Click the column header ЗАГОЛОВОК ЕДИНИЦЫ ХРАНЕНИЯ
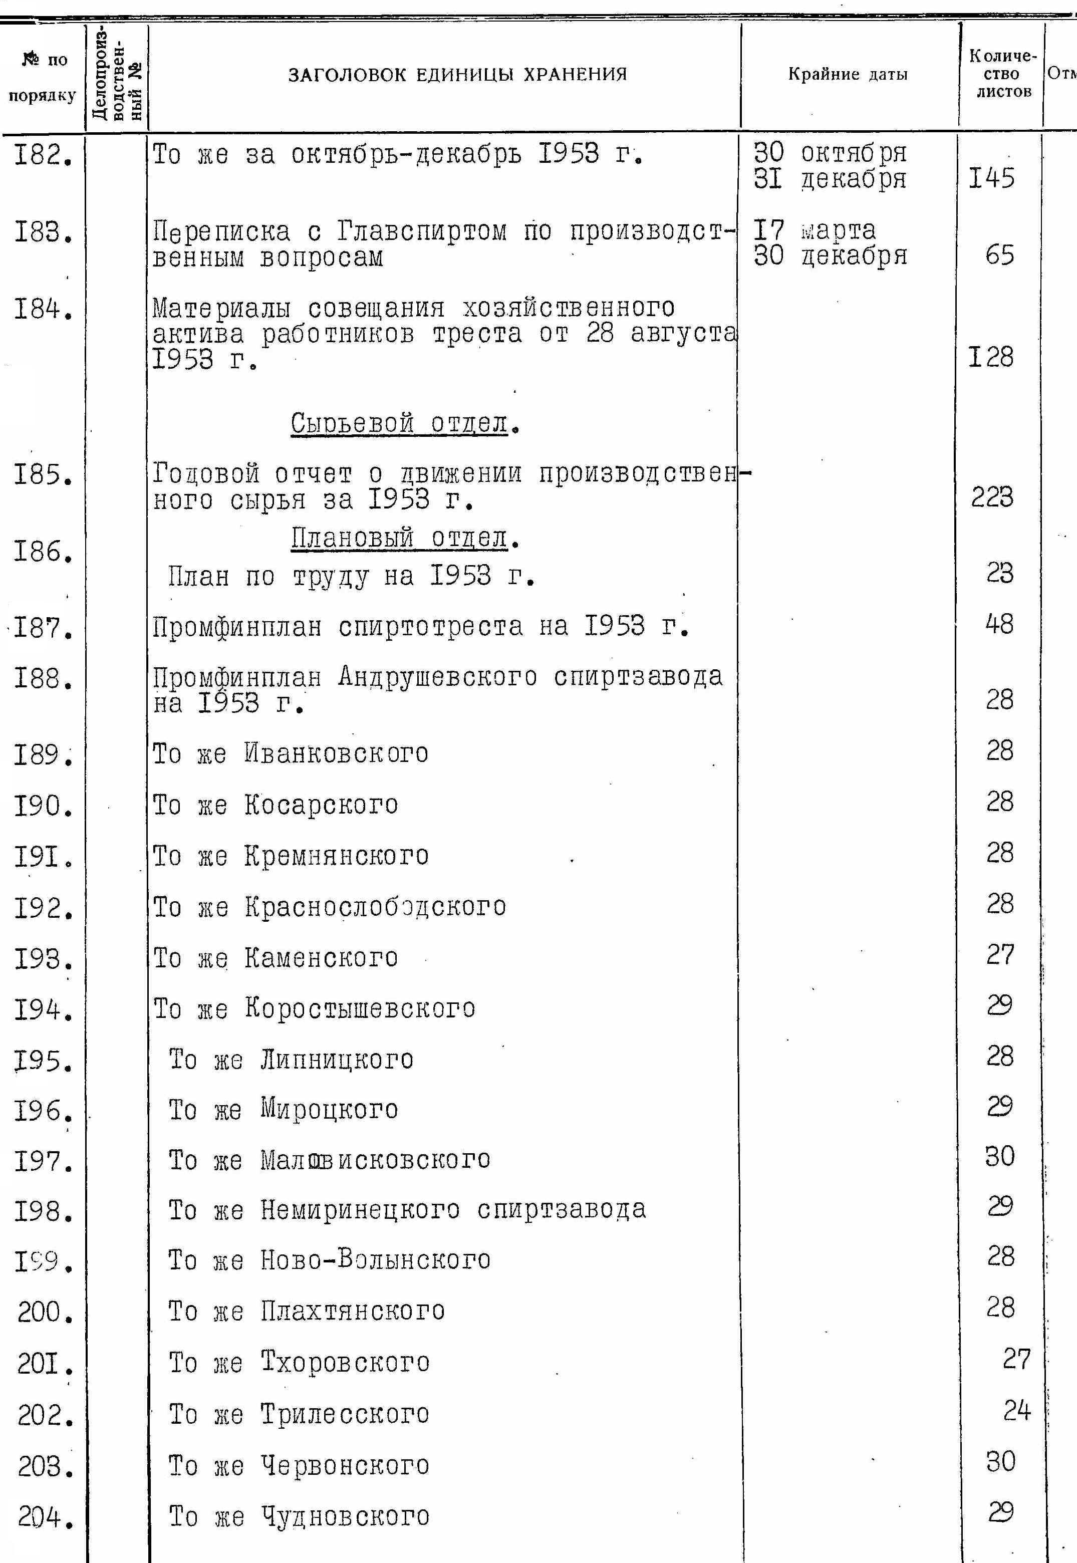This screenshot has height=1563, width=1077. [457, 74]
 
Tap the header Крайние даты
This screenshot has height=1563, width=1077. [848, 74]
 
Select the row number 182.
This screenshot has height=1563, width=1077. [43, 157]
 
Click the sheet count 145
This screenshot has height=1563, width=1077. [991, 179]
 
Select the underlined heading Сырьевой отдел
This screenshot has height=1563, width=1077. [399, 424]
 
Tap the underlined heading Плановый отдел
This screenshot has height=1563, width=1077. [399, 539]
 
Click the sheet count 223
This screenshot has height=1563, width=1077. [992, 497]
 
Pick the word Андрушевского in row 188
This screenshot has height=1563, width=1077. [438, 677]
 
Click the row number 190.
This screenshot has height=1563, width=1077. [43, 806]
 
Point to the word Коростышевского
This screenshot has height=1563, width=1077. [360, 1009]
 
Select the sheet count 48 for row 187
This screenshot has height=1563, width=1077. [999, 624]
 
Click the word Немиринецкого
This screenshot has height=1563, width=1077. [360, 1210]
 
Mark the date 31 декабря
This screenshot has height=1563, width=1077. [830, 179]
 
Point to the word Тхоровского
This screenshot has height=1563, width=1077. [345, 1363]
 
